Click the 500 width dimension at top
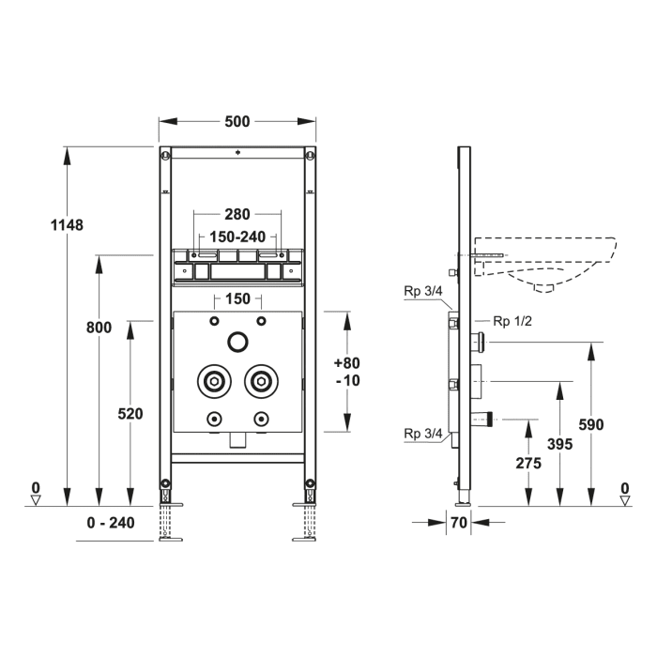point(238,121)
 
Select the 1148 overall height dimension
point(69,224)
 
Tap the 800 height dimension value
point(99,328)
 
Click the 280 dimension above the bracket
point(237,215)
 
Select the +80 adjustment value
point(346,362)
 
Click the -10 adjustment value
point(346,380)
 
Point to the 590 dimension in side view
point(591,424)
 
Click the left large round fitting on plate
point(214,382)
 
